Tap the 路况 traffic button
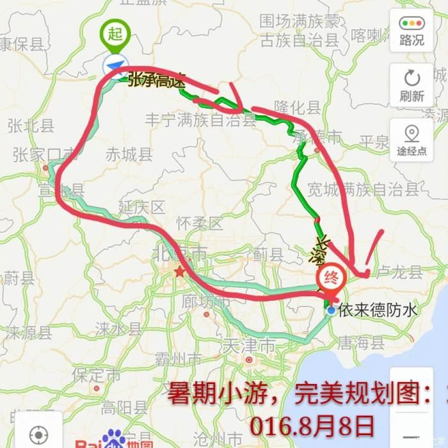411,30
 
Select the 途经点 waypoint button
411,140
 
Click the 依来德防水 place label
378,310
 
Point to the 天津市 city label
249,346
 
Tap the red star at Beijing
180,273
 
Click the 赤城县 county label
129,155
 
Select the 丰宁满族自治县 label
200,120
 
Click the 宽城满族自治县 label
363,189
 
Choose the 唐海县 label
360,344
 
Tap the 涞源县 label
29,333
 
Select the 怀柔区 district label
200,224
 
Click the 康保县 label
22,45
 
